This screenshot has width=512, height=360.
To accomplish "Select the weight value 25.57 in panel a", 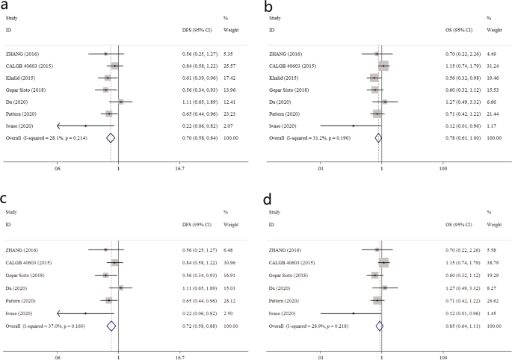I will click(229, 66).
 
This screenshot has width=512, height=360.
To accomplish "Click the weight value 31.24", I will click(493, 66).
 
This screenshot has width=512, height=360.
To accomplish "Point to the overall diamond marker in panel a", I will click(111, 137).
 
